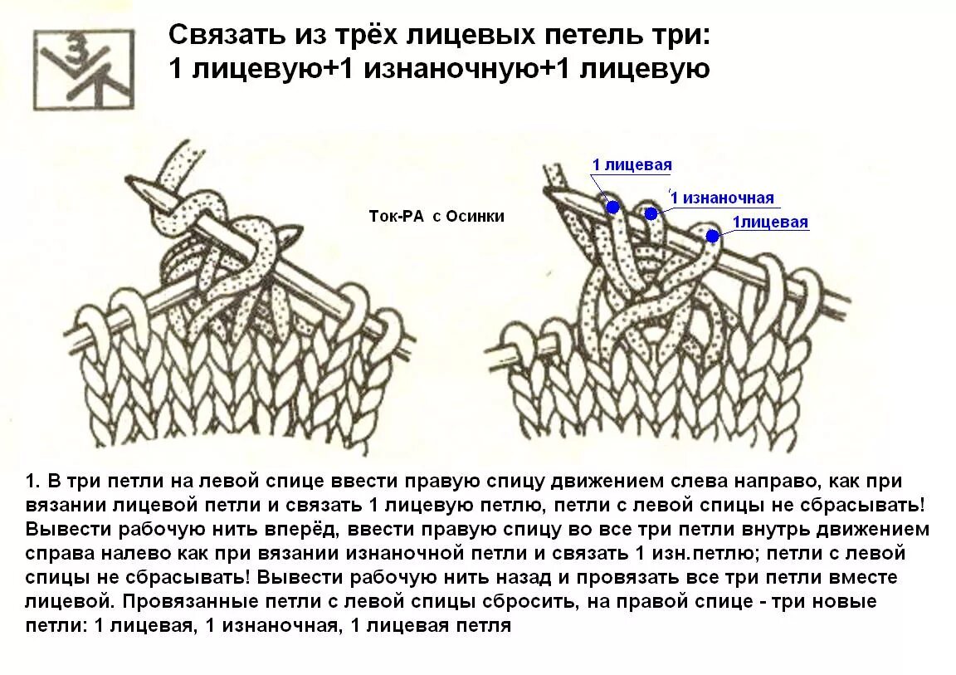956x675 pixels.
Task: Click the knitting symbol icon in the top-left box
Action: [83, 70]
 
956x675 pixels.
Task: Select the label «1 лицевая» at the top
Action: [632, 165]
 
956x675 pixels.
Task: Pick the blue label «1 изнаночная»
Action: [722, 198]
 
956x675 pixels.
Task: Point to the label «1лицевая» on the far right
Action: [769, 223]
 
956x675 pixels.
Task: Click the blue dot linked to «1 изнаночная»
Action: [651, 213]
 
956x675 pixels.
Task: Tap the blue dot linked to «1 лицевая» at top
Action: [612, 206]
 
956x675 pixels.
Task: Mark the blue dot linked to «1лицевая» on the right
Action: [712, 236]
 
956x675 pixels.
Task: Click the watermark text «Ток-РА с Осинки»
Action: [437, 216]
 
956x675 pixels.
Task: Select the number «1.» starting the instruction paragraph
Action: [33, 482]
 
